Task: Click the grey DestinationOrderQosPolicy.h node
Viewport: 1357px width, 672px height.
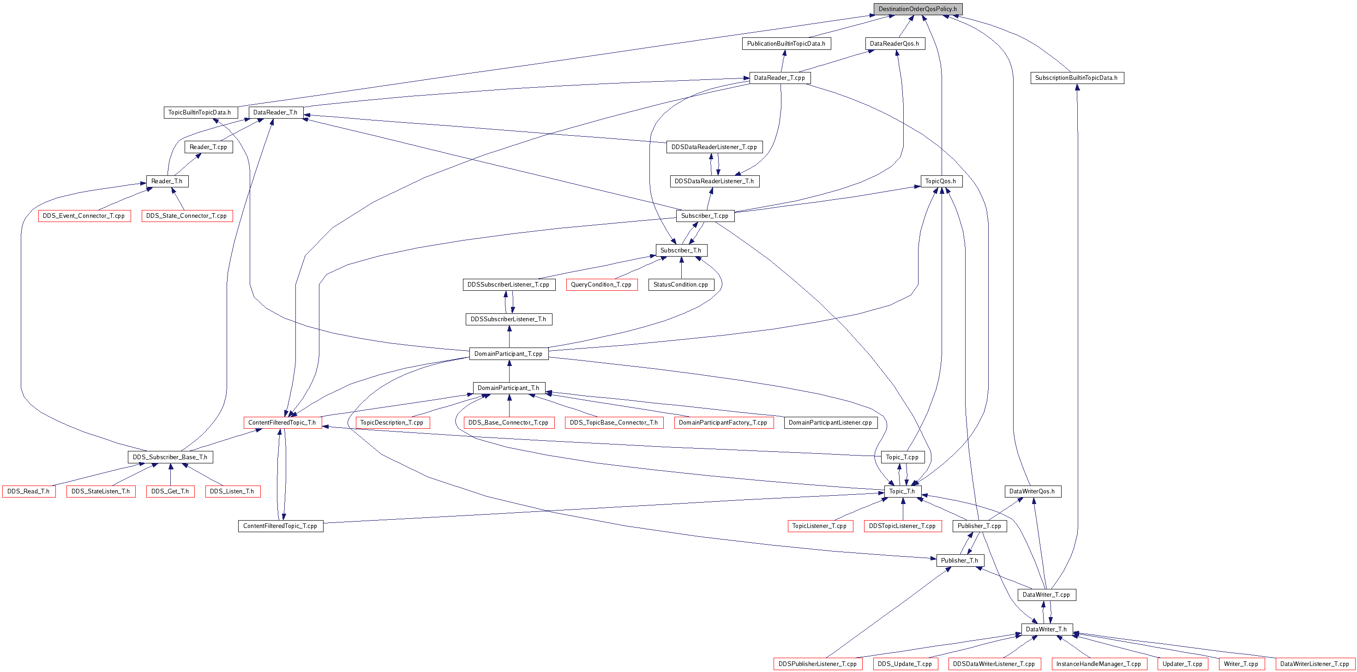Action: click(918, 9)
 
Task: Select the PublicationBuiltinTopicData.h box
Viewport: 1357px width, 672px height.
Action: click(786, 44)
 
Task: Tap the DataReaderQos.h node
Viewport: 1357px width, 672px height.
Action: click(895, 44)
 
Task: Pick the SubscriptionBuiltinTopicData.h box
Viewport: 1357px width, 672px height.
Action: click(1077, 78)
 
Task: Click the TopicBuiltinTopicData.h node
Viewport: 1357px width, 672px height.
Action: click(200, 113)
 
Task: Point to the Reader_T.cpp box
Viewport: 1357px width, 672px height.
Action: click(209, 147)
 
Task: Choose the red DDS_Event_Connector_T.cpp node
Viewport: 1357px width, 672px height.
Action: click(84, 216)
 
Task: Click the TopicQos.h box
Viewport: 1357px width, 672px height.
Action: click(941, 181)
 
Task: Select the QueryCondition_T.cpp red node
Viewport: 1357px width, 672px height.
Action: click(601, 285)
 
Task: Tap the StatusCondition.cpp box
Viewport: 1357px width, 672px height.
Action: click(681, 285)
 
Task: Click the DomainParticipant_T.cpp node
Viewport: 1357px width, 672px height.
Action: click(509, 354)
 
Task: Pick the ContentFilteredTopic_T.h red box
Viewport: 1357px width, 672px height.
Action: click(282, 423)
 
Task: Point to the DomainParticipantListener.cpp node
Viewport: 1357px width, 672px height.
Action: click(831, 423)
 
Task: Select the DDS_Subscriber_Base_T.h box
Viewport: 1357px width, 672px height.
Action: click(170, 457)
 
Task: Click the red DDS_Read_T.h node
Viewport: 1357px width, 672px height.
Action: click(29, 492)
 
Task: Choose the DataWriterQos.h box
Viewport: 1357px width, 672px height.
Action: click(1033, 492)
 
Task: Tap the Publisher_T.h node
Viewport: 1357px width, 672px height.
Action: click(960, 561)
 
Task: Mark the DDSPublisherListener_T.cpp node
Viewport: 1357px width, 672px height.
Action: click(818, 664)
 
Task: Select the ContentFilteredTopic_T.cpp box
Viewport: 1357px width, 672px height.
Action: click(281, 526)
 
